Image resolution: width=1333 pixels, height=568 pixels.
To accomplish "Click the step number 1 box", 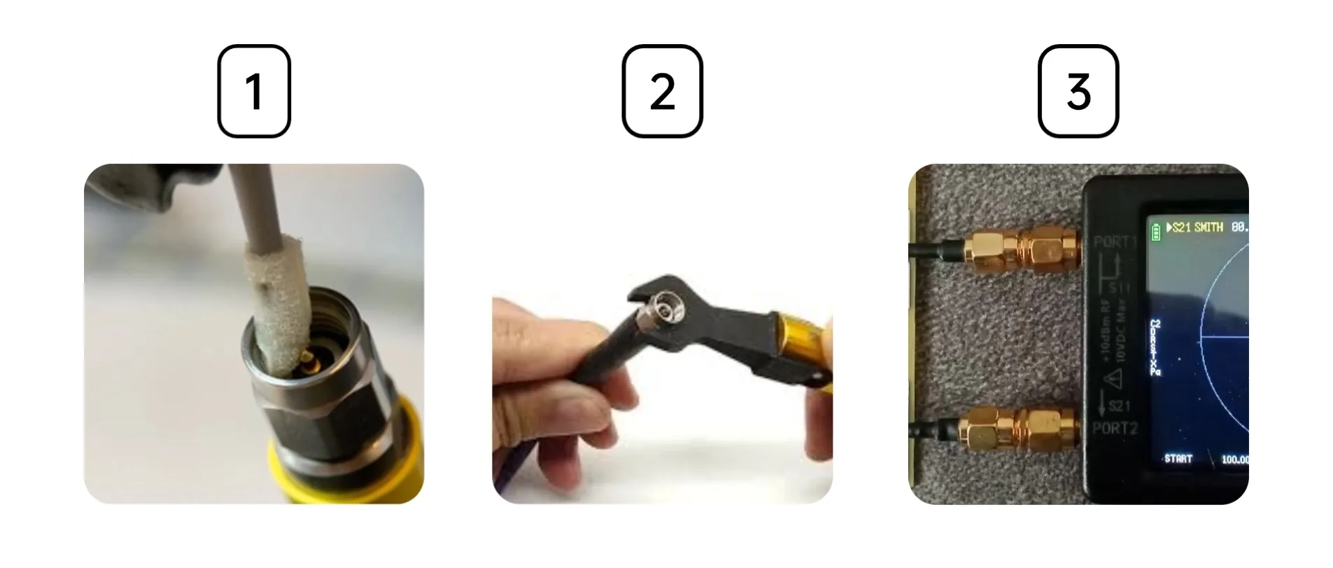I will click(x=253, y=91).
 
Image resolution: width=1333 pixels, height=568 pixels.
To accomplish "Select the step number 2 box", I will click(x=661, y=91).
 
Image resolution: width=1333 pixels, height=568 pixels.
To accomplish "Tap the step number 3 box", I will click(x=1078, y=91).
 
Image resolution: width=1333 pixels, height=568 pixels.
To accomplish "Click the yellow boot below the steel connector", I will click(x=350, y=476).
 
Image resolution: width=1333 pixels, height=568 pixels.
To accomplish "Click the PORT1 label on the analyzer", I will click(x=1115, y=242).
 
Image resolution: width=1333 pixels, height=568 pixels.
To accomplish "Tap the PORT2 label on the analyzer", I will click(x=1115, y=428).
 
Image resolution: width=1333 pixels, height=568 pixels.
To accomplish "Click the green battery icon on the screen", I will click(x=1155, y=229).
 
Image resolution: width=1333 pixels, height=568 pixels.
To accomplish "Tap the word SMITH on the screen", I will click(x=1208, y=228).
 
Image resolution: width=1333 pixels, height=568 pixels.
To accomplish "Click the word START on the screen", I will click(x=1178, y=459).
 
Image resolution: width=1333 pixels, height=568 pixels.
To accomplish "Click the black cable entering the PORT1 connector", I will click(x=931, y=249).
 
